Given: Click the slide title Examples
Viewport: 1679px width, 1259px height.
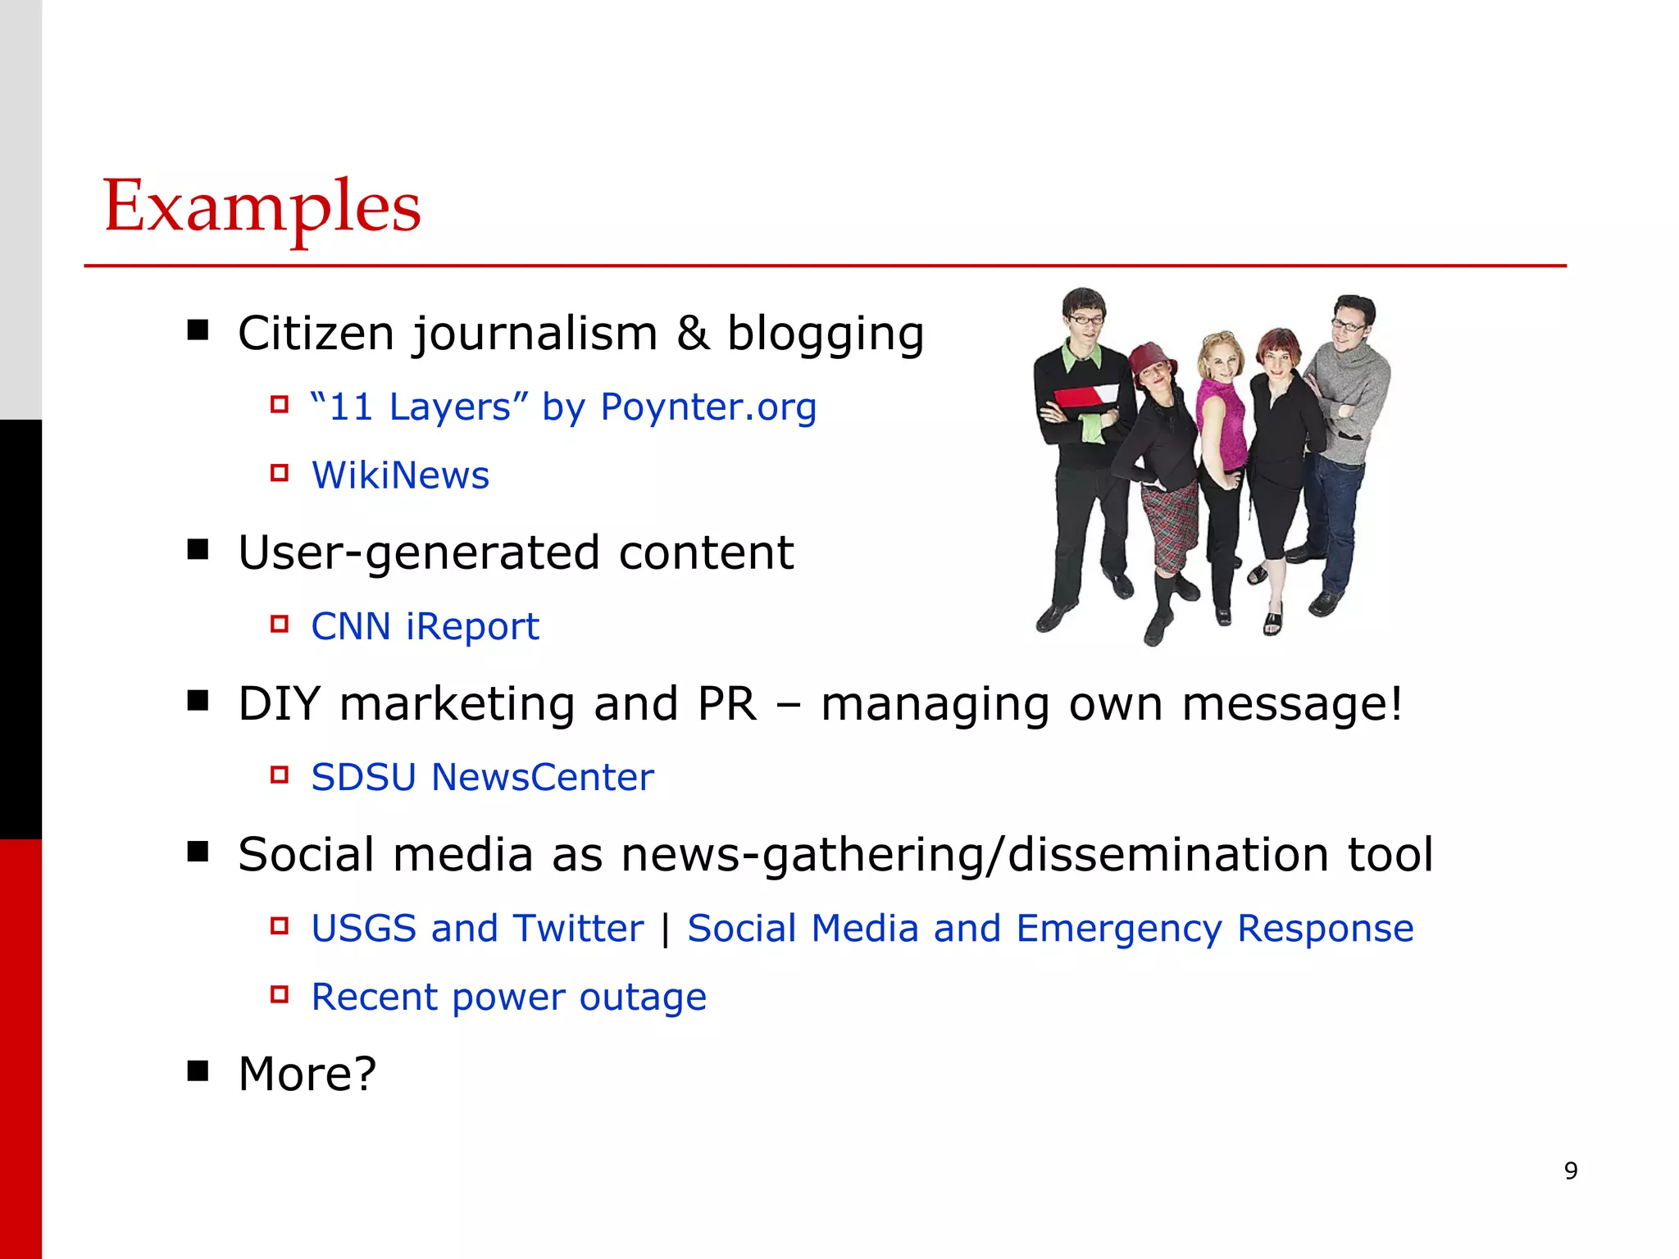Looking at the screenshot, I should pyautogui.click(x=262, y=207).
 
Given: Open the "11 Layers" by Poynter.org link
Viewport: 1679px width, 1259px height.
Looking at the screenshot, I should pyautogui.click(x=563, y=407).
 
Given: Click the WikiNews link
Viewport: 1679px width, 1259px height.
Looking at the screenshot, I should pyautogui.click(x=400, y=475).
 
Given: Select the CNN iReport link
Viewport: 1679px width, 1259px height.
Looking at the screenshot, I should pyautogui.click(x=425, y=627).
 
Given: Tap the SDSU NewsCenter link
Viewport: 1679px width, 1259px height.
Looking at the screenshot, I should pyautogui.click(x=482, y=777).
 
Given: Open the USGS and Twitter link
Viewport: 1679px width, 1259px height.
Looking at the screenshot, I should pyautogui.click(x=477, y=929).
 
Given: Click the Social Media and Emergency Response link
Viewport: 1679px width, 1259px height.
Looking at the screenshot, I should pyautogui.click(x=1050, y=929).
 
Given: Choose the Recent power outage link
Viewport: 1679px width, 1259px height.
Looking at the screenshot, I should pyautogui.click(x=508, y=998).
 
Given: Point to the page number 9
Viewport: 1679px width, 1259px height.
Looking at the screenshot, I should pyautogui.click(x=1571, y=1170).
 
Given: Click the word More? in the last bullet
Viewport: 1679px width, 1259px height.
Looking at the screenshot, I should pyautogui.click(x=307, y=1074).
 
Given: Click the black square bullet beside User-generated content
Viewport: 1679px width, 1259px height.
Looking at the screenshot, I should pyautogui.click(x=198, y=549).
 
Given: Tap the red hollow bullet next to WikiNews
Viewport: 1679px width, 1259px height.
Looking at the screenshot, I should pyautogui.click(x=280, y=473).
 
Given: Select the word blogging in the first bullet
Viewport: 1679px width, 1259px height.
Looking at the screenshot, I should pyautogui.click(x=826, y=334).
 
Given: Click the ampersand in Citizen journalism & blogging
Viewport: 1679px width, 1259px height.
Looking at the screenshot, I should pyautogui.click(x=693, y=334).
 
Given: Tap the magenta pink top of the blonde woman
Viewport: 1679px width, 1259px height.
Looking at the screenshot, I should pyautogui.click(x=1221, y=418).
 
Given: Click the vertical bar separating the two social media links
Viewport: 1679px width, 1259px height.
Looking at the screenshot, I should pyautogui.click(x=665, y=929).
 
